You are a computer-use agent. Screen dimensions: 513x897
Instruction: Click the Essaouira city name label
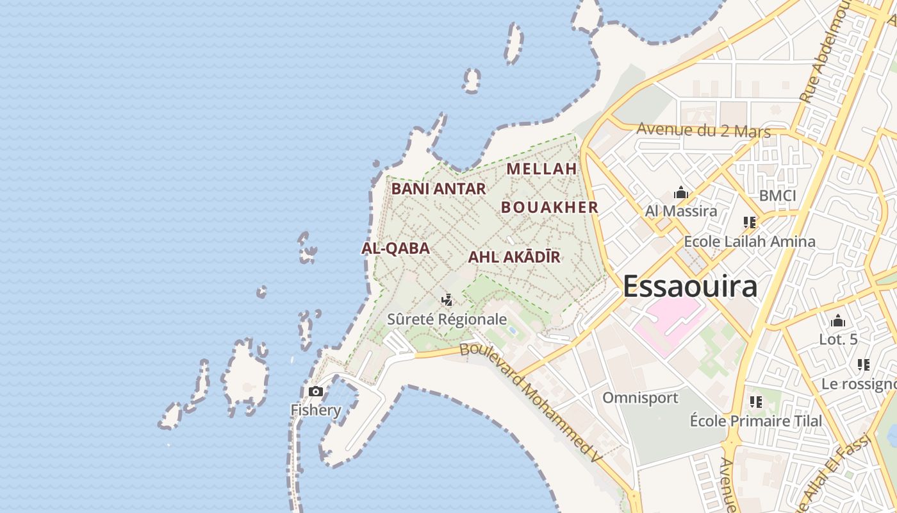point(690,286)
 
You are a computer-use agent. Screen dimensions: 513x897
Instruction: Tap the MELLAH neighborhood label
point(542,169)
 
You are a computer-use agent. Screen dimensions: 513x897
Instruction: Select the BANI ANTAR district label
point(439,189)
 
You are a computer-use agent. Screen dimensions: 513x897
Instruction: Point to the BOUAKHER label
point(549,207)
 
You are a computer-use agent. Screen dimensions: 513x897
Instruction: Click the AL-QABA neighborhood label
point(395,248)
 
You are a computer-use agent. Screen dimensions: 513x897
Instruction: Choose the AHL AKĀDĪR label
point(514,257)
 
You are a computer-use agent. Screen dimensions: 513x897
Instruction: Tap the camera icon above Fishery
point(316,391)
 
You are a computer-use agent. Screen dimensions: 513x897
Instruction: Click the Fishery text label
point(316,410)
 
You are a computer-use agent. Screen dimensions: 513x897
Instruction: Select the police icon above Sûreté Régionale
point(447,299)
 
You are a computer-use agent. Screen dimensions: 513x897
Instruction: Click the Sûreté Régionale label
point(447,319)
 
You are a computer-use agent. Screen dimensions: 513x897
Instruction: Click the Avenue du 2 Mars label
point(703,130)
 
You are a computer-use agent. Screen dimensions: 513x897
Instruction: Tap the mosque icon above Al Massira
point(680,192)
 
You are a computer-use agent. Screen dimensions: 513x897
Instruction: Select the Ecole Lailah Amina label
point(750,242)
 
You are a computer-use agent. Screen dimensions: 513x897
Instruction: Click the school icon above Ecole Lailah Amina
point(750,223)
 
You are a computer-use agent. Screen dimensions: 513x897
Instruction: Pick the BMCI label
point(777,196)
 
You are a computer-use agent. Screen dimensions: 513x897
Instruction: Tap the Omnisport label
point(640,398)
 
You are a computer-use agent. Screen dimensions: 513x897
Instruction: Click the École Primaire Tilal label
point(756,421)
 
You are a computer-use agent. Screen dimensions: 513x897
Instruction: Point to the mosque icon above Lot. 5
point(838,321)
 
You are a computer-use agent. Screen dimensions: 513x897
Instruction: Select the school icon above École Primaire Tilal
point(756,402)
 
